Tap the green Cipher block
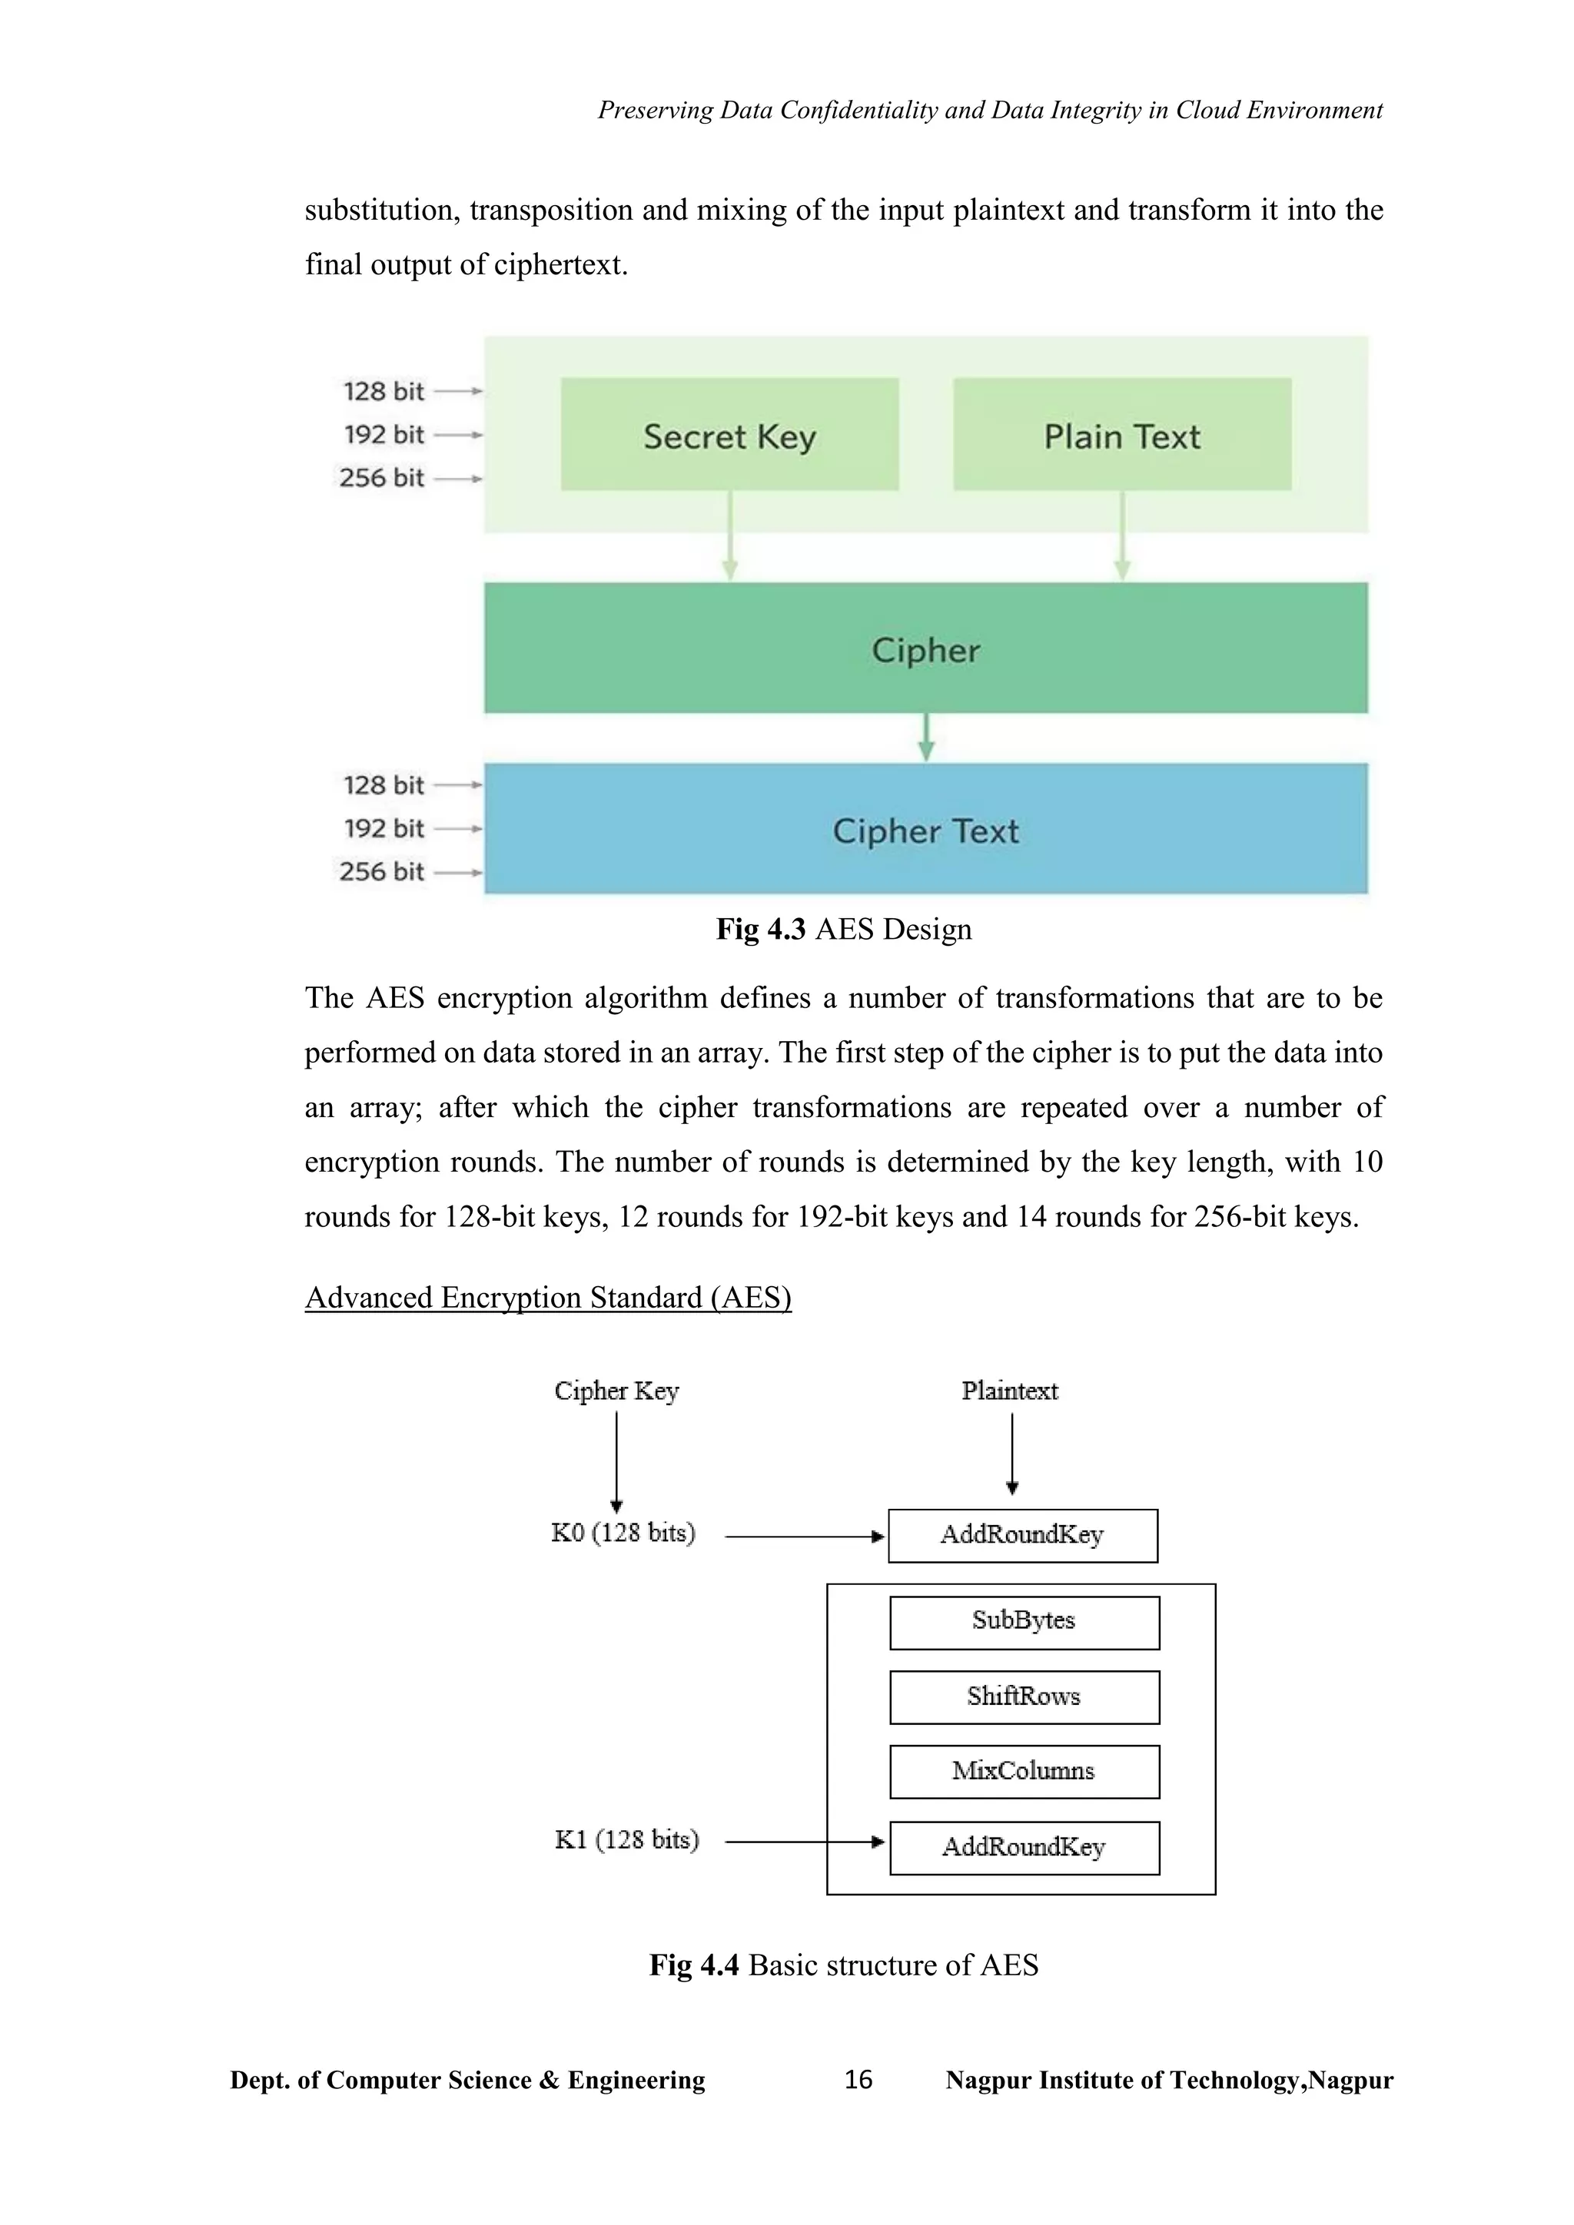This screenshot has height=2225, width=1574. point(925,648)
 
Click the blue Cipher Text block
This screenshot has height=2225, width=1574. point(925,830)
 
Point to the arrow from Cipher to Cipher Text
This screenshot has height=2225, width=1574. point(925,738)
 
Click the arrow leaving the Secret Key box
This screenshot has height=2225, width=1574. point(730,536)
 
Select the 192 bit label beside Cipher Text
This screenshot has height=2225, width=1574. point(384,828)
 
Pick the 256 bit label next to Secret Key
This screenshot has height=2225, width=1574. point(381,478)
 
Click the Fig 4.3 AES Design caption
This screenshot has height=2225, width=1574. point(843,930)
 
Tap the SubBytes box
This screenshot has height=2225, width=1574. point(1024,1621)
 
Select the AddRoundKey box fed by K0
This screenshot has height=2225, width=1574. point(1021,1535)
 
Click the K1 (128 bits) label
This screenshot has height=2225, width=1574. point(626,1840)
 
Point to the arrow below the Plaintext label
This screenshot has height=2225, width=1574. point(1012,1453)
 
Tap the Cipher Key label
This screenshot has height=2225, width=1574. point(616,1391)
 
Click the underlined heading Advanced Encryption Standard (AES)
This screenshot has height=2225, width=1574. point(548,1298)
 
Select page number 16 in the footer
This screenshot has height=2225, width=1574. point(858,2080)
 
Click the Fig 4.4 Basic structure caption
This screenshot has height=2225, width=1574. point(843,1965)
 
